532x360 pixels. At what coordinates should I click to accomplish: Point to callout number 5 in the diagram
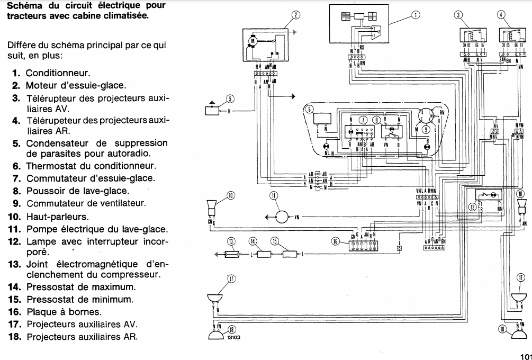coord(230,98)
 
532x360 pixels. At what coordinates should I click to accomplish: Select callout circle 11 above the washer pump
coord(274,196)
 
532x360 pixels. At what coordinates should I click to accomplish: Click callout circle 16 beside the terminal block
coord(335,241)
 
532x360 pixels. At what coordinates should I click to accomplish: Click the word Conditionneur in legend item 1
coord(58,73)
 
